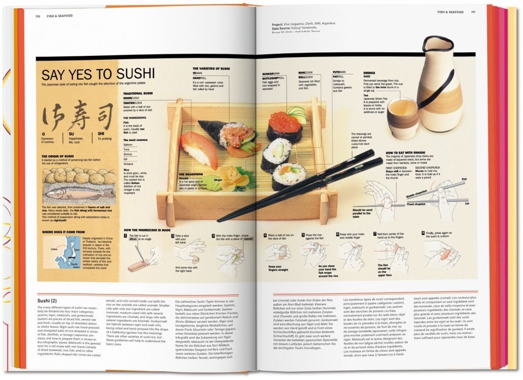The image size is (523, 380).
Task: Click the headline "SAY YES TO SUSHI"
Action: tap(98, 74)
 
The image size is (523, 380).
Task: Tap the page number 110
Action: tap(38, 16)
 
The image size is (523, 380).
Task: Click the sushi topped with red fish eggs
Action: tap(285, 126)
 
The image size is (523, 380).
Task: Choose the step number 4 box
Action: tap(265, 235)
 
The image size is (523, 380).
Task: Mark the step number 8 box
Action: tap(423, 233)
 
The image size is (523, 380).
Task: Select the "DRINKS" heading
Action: tap(369, 73)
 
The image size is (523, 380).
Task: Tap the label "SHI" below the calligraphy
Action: tap(101, 134)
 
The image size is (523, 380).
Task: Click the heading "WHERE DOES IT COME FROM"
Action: tap(63, 232)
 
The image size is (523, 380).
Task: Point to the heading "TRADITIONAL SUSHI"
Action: tap(138, 93)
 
